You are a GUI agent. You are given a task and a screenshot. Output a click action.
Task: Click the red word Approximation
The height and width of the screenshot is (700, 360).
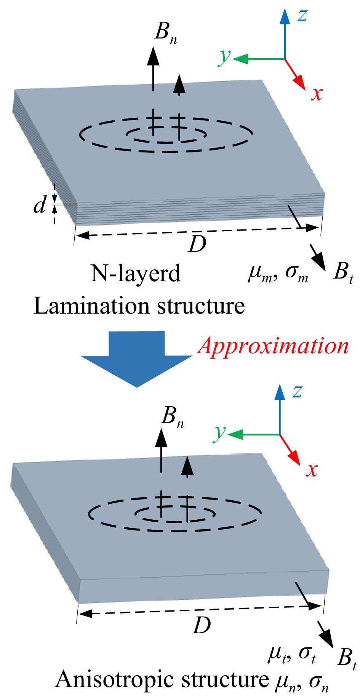[x=273, y=346]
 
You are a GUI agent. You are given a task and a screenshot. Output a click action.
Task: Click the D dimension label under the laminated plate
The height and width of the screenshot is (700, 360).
[x=197, y=244]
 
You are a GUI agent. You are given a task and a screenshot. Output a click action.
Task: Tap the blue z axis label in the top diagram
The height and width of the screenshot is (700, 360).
[x=302, y=15]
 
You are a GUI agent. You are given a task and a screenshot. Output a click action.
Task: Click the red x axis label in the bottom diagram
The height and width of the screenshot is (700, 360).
[x=312, y=470]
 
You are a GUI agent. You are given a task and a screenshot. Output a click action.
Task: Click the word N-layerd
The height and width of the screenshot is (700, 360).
[x=135, y=274]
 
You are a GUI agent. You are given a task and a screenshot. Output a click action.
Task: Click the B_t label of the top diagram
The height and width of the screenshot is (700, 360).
[x=342, y=274]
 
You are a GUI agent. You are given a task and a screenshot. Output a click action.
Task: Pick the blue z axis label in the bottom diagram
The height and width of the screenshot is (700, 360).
[x=298, y=391]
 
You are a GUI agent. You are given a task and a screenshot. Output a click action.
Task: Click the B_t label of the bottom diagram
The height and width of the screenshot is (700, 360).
[x=346, y=658]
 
